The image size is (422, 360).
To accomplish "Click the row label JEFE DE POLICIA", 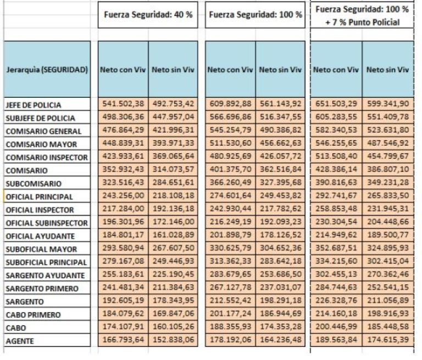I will pos(33,104).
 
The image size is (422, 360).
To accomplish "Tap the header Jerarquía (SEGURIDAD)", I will pos(46,70).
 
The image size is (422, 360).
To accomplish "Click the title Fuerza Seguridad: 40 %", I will pos(148,14).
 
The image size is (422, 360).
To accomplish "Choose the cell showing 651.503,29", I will pos(337,104).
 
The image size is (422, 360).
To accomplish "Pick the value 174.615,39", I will pos(387,341).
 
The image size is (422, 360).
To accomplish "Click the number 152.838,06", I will pos(174,341).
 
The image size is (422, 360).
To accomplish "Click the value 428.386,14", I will pos(337,170).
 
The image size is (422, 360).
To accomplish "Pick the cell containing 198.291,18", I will pos(281,301).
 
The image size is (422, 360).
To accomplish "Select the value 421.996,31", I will pos(174,131).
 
